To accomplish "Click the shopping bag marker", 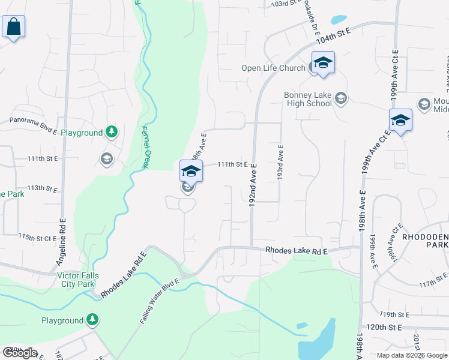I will point(13,27).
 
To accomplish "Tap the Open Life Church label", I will point(273,68).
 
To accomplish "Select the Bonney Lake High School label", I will point(307,99).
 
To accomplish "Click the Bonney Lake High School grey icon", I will point(341,98).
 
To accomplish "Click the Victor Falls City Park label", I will point(85,280).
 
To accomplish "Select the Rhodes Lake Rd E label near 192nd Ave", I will point(296,251).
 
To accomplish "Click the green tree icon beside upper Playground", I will point(110,131).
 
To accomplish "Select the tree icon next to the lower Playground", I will point(92,320).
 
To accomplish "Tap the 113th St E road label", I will point(41,188).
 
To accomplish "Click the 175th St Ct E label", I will point(38,237).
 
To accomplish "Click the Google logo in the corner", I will point(20,352).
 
